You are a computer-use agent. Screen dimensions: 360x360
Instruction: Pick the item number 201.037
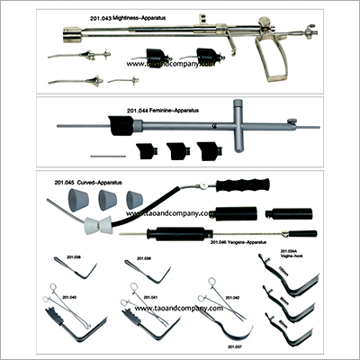point(236,346)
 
